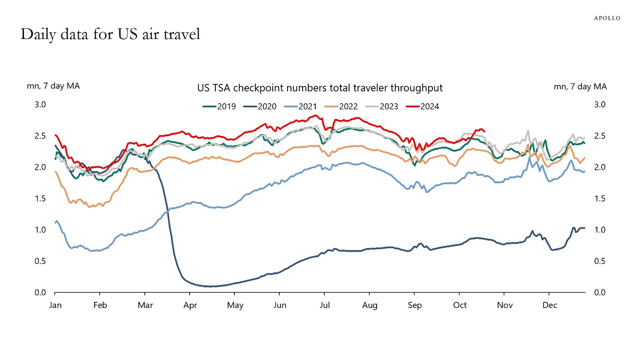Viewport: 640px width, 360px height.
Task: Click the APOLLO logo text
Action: pos(607,18)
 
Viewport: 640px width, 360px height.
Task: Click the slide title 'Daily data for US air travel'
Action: pos(110,34)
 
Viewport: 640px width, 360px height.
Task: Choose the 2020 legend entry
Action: pos(260,106)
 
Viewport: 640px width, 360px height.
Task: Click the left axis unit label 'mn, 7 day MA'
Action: pos(53,86)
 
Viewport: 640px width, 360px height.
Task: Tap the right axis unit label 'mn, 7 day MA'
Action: pos(580,86)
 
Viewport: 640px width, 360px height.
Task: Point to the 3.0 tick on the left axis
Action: pos(40,105)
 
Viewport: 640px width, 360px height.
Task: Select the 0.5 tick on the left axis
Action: pos(40,261)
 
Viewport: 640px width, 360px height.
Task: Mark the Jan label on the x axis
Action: pos(55,306)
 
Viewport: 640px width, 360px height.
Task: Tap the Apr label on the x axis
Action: pos(190,306)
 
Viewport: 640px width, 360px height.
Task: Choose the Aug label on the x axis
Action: pos(370,306)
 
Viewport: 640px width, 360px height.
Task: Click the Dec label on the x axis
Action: pos(550,306)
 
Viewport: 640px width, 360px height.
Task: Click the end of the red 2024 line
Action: pos(484,131)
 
